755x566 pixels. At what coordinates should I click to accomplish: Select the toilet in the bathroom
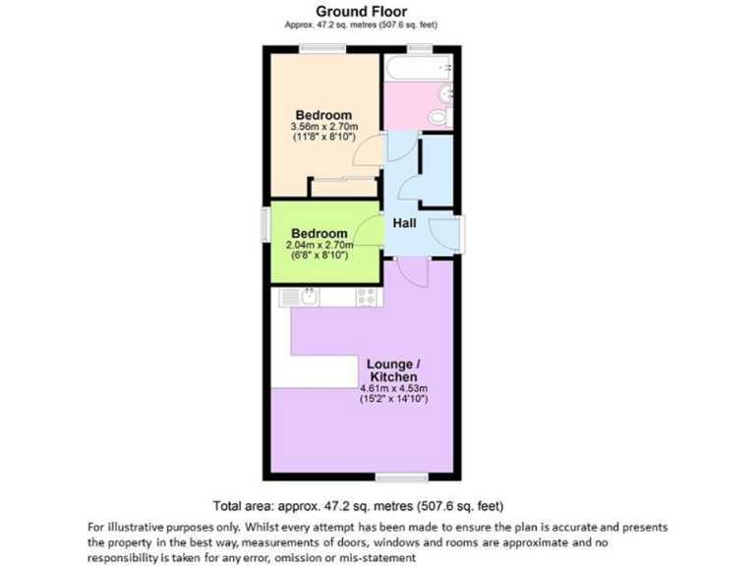pos(439,116)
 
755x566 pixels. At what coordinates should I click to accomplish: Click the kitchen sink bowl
pos(306,295)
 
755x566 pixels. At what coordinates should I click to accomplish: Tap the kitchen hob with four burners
pos(368,295)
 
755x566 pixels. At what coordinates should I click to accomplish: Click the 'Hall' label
pos(404,224)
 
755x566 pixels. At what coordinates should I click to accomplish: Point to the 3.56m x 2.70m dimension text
pos(323,127)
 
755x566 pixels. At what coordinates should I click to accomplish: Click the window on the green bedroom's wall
pos(265,222)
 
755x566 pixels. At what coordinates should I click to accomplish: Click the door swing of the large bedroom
pos(369,150)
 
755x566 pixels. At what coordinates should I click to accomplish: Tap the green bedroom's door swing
pos(370,228)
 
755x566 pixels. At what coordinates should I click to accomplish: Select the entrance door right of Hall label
pos(442,234)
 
